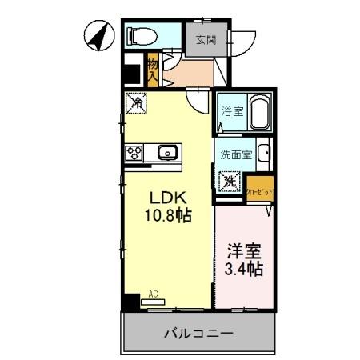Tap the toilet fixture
(142, 37)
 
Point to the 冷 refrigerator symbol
(137, 103)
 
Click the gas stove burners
(134, 152)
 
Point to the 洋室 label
(245, 249)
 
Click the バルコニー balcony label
(199, 331)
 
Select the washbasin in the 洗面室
(265, 155)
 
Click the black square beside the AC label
(130, 302)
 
